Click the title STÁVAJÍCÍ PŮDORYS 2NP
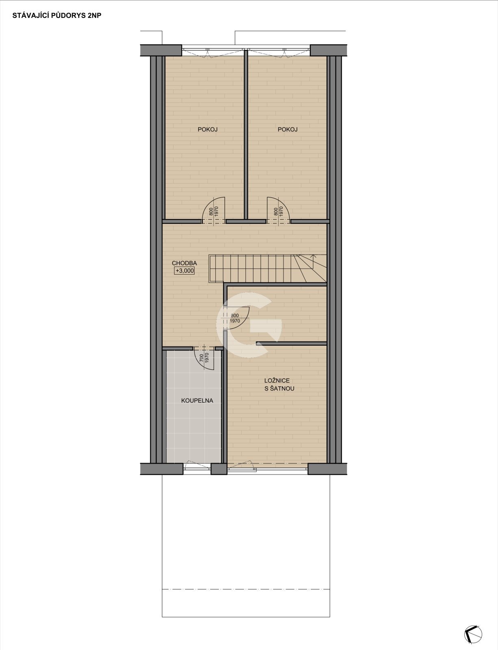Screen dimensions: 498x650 (57, 15)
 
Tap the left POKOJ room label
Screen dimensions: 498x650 (207, 129)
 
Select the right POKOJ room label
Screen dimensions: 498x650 (288, 129)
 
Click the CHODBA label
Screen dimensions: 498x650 (184, 263)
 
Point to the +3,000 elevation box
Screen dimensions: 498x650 (184, 271)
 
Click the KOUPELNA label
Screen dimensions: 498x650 (197, 401)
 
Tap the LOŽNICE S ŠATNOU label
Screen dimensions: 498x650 (279, 385)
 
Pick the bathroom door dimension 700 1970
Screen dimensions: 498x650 (204, 357)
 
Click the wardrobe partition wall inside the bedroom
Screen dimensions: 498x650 (291, 344)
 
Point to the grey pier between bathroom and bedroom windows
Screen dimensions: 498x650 (219, 469)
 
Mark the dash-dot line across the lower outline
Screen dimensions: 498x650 (246, 589)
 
